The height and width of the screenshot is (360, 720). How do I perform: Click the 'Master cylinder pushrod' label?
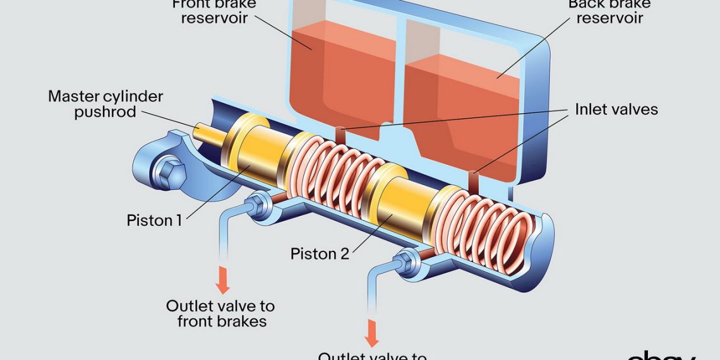tap(105, 104)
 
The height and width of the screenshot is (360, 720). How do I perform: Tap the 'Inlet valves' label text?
tap(616, 109)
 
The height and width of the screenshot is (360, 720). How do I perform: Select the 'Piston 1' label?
tap(154, 220)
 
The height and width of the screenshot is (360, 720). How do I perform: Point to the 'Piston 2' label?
tap(320, 254)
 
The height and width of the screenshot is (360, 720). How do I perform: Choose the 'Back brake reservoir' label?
tap(609, 11)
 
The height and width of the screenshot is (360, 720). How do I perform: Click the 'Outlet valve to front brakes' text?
tap(220, 313)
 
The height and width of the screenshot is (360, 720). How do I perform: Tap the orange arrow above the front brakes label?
tap(222, 280)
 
